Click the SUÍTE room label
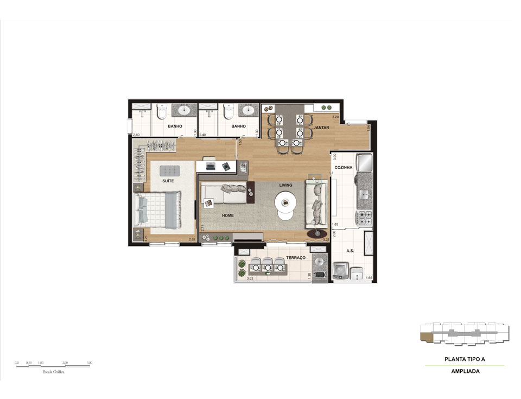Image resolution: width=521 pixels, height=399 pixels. click(168, 181)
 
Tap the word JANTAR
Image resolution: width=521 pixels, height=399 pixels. click(321, 128)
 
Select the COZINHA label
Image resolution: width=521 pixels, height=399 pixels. click(344, 168)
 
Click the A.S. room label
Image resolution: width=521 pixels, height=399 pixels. click(351, 251)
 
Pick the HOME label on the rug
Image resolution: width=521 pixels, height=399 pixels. click(227, 216)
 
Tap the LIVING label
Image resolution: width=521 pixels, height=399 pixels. click(285, 185)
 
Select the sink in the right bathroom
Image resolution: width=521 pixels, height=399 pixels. click(249, 110)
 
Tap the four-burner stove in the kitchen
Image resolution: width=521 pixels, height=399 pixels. click(363, 218)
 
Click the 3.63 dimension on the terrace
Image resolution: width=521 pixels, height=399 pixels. click(250, 279)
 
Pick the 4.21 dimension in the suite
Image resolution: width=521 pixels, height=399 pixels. click(145, 238)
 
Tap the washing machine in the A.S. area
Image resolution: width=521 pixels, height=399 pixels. click(341, 270)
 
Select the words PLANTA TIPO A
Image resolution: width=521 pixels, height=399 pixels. click(465, 359)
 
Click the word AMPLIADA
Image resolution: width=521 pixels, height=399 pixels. click(465, 372)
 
